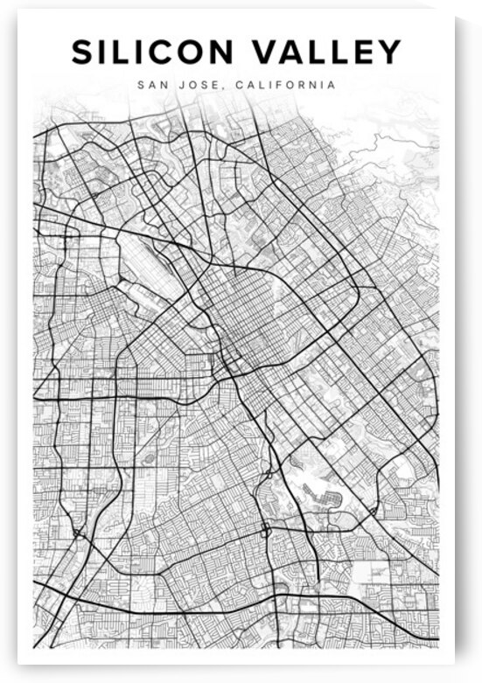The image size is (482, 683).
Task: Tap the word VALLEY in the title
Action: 329,52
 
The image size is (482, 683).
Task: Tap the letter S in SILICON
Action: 82,52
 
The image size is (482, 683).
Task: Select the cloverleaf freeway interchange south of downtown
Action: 265,530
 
